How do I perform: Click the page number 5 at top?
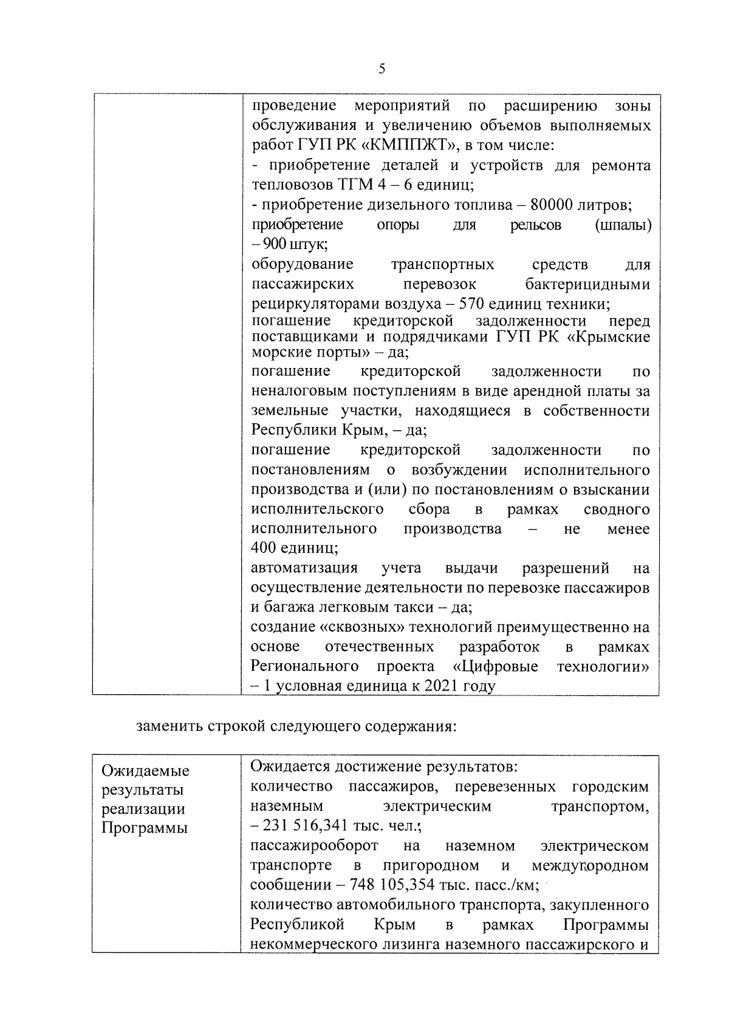[382, 69]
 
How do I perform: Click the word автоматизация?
[304, 568]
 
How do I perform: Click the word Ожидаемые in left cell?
[145, 771]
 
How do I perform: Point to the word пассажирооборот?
[314, 845]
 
